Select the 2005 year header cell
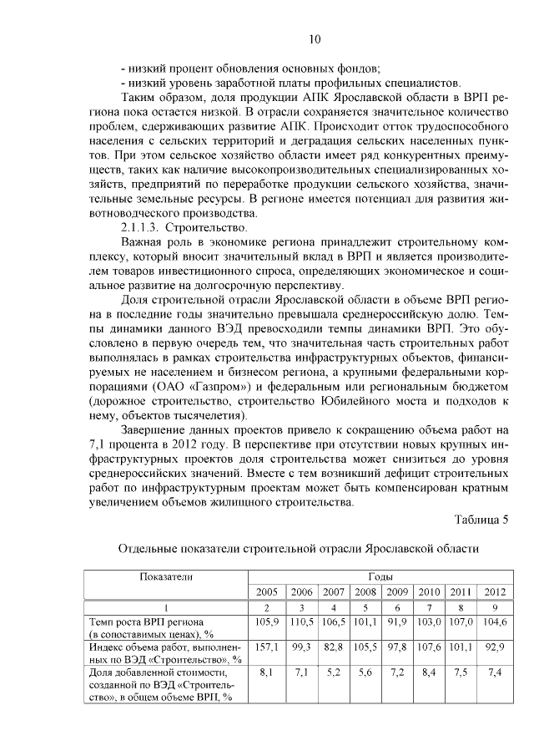pyautogui.click(x=266, y=591)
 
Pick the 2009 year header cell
pyautogui.click(x=396, y=591)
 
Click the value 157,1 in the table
pyautogui.click(x=266, y=647)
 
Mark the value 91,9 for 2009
pyautogui.click(x=396, y=622)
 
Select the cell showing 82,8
pyautogui.click(x=333, y=647)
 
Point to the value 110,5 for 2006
pyautogui.click(x=301, y=622)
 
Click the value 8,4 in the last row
pyautogui.click(x=428, y=671)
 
